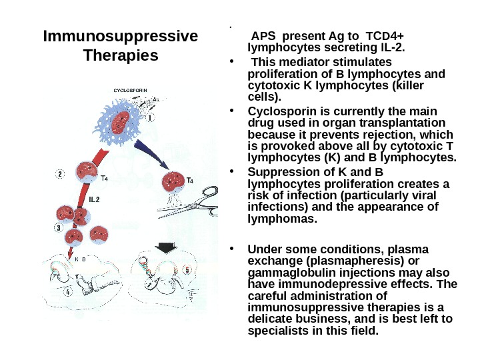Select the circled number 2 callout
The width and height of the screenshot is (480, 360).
60,174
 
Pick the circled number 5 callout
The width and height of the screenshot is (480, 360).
187,270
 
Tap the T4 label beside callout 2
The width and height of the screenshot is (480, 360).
105,178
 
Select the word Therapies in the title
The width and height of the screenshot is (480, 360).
120,55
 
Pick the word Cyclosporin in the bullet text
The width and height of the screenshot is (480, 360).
277,111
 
